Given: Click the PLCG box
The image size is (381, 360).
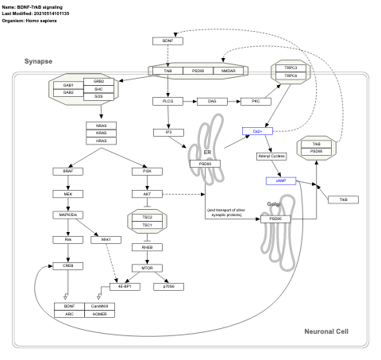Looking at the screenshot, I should [x=167, y=102].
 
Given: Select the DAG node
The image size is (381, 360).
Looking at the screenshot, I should [x=212, y=102].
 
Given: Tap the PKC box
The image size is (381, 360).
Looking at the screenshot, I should [x=256, y=102].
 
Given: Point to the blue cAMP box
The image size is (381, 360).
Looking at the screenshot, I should [x=280, y=180].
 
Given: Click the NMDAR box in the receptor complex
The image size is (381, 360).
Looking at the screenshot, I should [x=229, y=72].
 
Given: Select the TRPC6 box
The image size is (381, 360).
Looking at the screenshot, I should [x=291, y=75].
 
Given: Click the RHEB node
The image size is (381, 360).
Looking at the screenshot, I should [x=146, y=247].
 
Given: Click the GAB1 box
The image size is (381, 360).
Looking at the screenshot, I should [x=68, y=84].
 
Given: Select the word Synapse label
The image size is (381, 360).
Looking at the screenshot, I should [x=39, y=61].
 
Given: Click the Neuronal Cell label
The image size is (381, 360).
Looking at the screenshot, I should [x=325, y=331].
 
